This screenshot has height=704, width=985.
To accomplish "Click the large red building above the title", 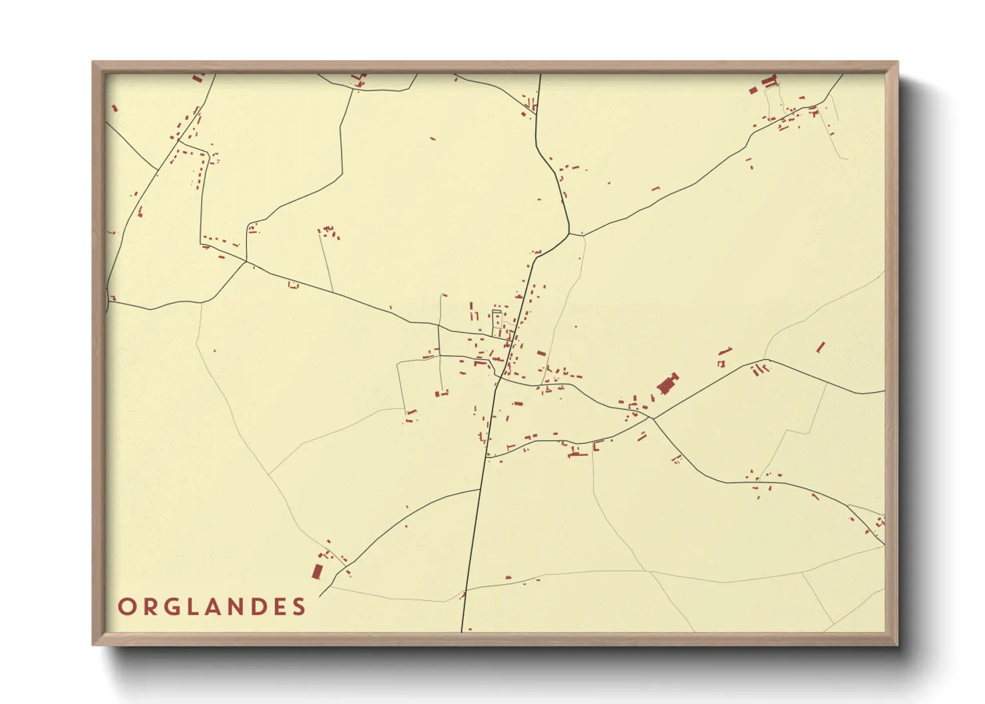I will (x=317, y=571).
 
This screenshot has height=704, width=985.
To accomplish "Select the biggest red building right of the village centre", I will (x=667, y=384).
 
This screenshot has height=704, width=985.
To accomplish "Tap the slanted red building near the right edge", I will (x=821, y=347).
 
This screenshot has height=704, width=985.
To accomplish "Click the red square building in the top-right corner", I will (x=753, y=90).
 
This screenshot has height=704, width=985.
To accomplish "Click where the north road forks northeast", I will (x=569, y=233).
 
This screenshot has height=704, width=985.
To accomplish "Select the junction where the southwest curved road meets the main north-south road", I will (x=481, y=489).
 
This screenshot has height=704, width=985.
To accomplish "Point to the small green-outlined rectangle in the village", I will (x=496, y=311).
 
